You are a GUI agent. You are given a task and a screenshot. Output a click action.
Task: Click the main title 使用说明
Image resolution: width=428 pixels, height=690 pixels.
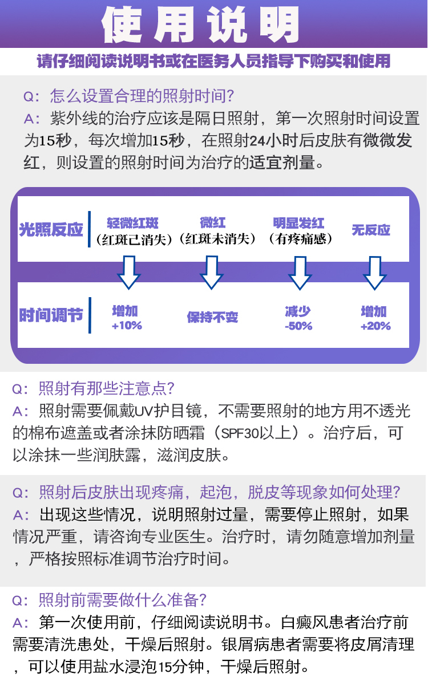click(200, 25)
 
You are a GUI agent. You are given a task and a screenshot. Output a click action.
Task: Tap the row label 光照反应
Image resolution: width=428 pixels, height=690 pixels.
click(51, 229)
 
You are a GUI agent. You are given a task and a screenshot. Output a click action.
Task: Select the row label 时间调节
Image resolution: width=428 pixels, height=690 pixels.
click(51, 315)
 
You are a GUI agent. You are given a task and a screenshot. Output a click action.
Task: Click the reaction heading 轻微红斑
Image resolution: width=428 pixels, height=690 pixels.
click(132, 223)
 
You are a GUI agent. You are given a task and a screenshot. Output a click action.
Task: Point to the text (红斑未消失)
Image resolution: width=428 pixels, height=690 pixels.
click(217, 239)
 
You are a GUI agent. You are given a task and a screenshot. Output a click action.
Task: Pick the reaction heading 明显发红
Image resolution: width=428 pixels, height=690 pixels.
click(298, 223)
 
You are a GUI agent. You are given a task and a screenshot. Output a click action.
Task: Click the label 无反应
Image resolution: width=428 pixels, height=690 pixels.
click(371, 230)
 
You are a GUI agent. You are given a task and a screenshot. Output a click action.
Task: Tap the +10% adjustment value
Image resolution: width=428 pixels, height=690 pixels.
click(127, 325)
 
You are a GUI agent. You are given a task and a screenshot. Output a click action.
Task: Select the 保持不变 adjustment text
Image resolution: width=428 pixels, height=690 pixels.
click(212, 317)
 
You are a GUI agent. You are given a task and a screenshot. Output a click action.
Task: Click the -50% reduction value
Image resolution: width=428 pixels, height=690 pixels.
click(298, 326)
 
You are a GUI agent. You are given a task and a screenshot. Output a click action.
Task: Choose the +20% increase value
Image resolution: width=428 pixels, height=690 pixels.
click(375, 326)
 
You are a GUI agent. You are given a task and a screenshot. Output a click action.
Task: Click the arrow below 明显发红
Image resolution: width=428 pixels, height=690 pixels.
click(300, 273)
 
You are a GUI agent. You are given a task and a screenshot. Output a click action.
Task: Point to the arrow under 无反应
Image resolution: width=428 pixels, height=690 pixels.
click(375, 273)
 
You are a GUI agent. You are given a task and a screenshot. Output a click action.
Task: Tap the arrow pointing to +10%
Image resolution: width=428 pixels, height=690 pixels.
click(129, 273)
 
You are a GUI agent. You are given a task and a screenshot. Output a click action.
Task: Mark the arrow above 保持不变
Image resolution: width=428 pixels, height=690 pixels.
click(212, 273)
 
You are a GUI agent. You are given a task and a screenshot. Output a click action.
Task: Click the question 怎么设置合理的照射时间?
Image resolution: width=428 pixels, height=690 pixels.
click(142, 96)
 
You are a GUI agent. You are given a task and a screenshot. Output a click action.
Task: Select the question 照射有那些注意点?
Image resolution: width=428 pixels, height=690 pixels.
click(106, 388)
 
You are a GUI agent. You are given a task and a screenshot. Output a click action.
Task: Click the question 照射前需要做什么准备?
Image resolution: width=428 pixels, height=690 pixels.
click(123, 600)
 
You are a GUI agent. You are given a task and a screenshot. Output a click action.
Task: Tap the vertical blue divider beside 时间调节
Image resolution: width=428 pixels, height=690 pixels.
click(90, 315)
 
